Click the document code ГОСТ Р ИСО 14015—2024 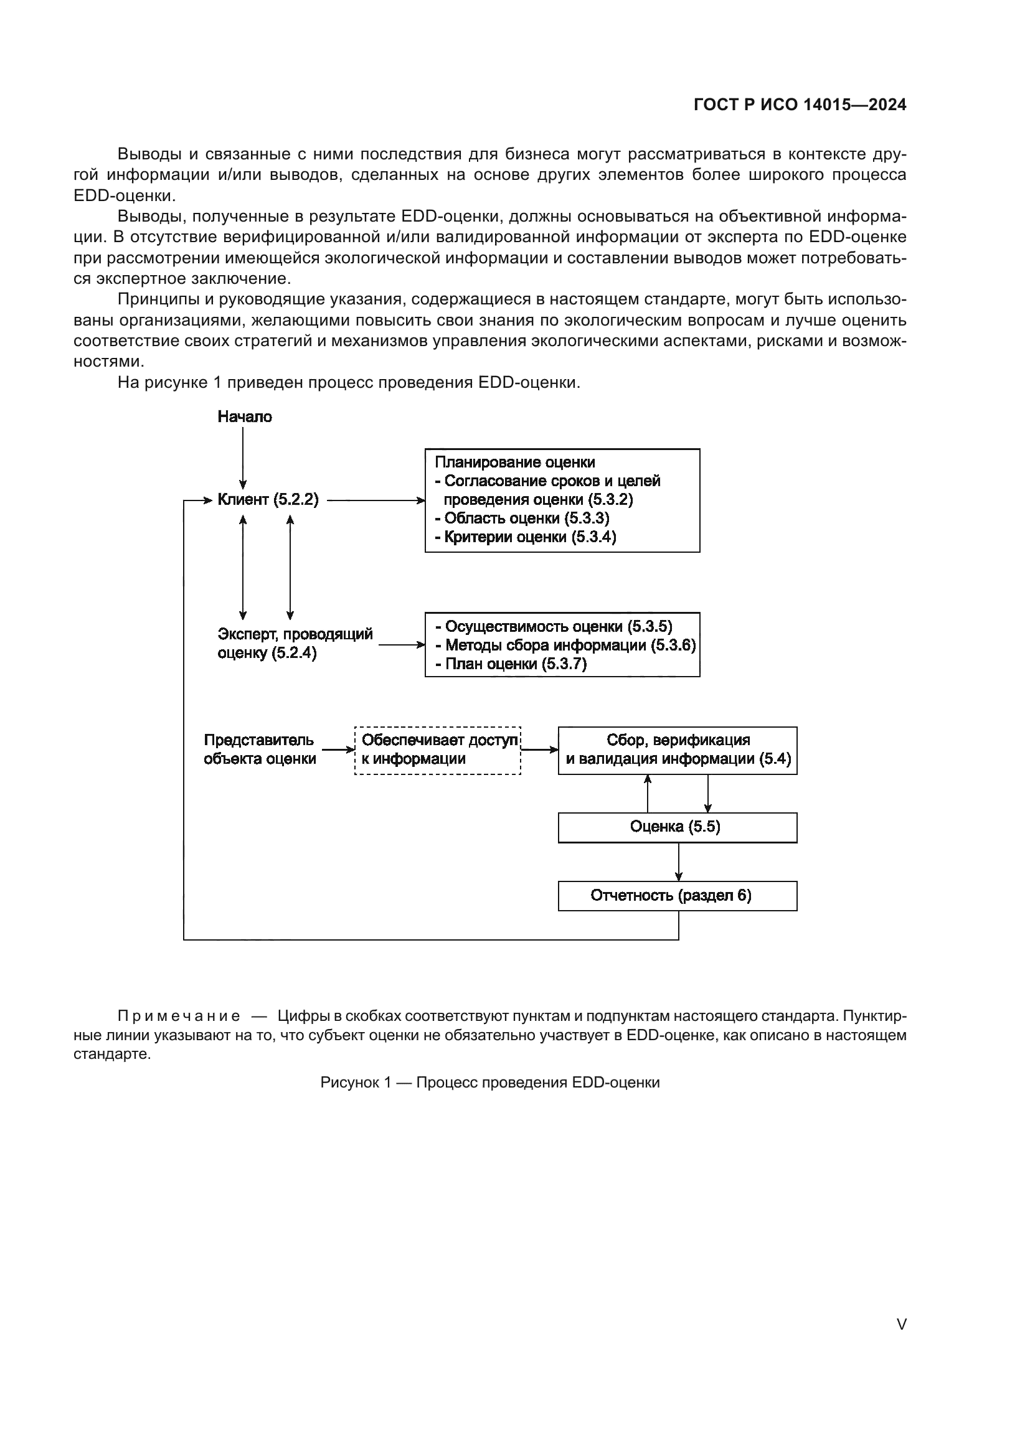[800, 105]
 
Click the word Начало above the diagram [244, 416]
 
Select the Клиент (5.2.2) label [268, 500]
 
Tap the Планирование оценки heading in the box [514, 463]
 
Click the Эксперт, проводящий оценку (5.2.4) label [295, 643]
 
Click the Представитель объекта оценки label [260, 749]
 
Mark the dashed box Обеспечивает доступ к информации [438, 750]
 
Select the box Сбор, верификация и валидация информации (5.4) [678, 750]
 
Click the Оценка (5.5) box [678, 827]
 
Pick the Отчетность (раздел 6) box [678, 896]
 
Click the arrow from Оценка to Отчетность [679, 862]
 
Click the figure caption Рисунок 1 [489, 1083]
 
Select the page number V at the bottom [901, 1324]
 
